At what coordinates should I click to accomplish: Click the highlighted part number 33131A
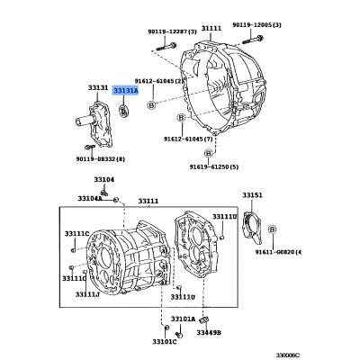pos(126,90)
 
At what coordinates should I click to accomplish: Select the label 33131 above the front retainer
pos(98,87)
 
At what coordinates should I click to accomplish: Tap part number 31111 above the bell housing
pos(211,29)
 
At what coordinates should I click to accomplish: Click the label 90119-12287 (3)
pos(172,31)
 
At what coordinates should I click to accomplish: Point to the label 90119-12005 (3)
pos(256,25)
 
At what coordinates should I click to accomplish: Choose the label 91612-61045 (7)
pos(188,139)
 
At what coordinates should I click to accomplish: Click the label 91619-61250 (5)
pos(214,166)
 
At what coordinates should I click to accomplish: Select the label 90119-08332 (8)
pos(100,158)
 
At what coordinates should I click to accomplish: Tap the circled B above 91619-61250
pos(209,153)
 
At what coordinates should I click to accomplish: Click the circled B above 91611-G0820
pos(272,229)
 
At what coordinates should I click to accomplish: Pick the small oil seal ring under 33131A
pos(123,110)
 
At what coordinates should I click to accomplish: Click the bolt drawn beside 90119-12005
pos(253,39)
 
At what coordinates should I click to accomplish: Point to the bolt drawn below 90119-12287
pos(166,47)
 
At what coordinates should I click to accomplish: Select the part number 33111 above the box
pos(148,202)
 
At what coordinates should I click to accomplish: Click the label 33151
pos(252,195)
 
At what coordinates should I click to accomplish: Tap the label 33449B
pos(209,332)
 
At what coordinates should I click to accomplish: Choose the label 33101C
pos(165,342)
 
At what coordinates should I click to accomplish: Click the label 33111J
pos(87,294)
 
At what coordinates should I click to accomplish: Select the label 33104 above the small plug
pos(104,179)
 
